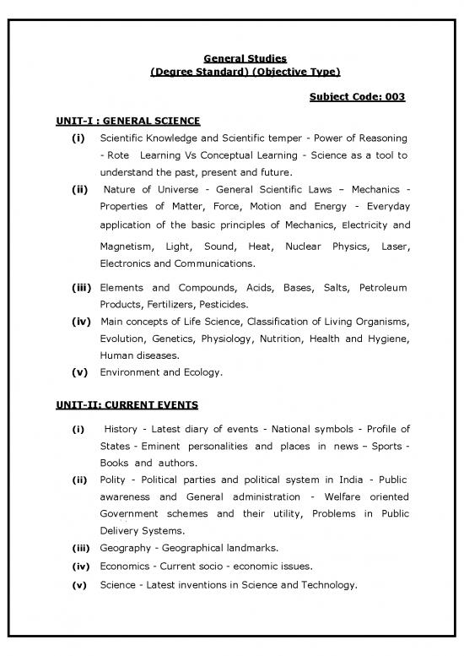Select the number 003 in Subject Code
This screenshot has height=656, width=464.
pos(395,97)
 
